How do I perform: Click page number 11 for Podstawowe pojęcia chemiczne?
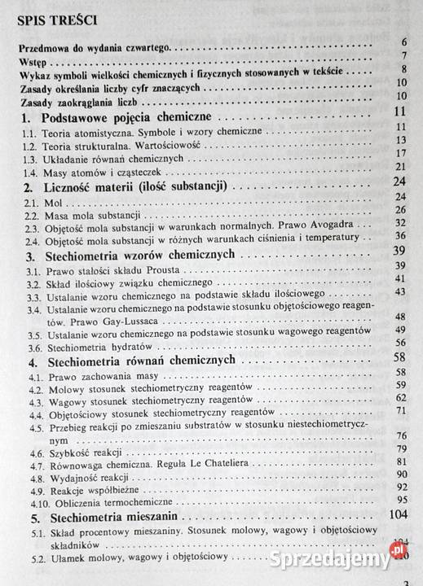tap(399, 113)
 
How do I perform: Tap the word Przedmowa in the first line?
tap(46, 48)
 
